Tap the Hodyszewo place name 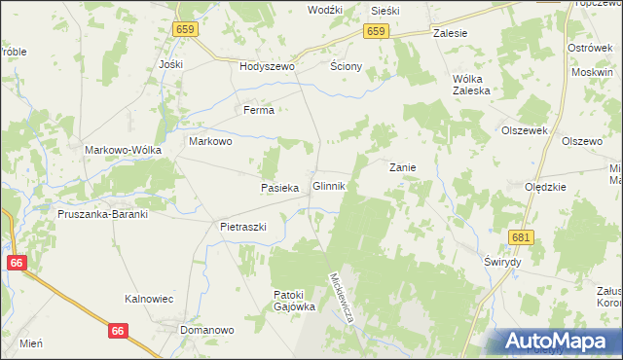tap(267, 67)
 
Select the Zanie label tap(403, 167)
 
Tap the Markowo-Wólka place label tap(123, 150)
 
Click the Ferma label tap(259, 111)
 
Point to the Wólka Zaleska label tap(469, 85)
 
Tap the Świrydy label tap(503, 263)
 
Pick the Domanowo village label tap(209, 330)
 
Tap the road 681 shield tap(522, 237)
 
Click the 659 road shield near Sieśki tap(378, 31)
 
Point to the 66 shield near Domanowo tap(119, 331)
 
